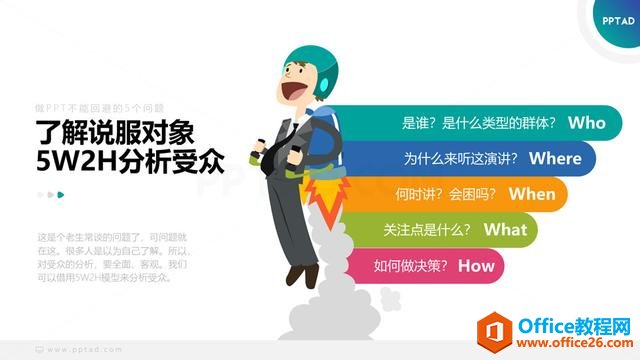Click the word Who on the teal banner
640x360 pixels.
tap(586, 123)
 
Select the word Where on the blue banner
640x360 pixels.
tap(555, 158)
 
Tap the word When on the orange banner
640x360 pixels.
tap(531, 194)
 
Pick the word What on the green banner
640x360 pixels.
tap(505, 229)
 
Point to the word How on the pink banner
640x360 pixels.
tap(476, 265)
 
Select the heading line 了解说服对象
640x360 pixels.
tap(121, 131)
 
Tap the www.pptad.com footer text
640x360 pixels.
tap(86, 350)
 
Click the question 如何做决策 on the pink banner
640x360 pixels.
tap(410, 266)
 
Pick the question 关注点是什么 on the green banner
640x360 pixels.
tap(427, 230)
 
